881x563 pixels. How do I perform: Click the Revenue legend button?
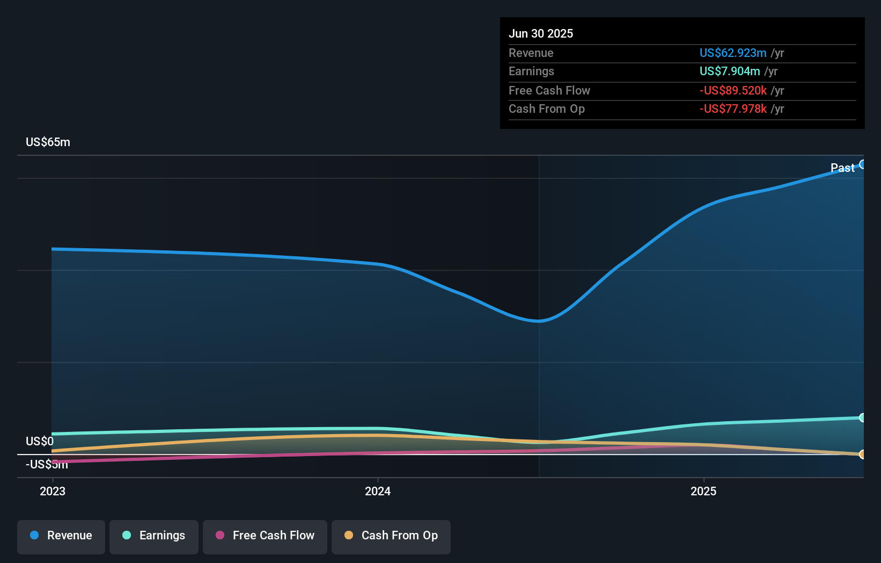tap(61, 536)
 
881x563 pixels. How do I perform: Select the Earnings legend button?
tap(154, 536)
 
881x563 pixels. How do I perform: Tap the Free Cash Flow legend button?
tap(265, 536)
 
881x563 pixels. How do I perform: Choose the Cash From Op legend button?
tap(391, 536)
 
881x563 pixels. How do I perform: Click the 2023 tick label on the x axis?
tap(53, 491)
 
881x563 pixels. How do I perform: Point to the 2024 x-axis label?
tap(378, 491)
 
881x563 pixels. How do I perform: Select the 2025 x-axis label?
tap(703, 491)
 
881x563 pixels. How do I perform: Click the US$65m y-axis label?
tap(48, 142)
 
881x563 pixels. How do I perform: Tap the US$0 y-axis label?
tap(40, 441)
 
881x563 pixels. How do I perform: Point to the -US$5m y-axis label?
tap(47, 465)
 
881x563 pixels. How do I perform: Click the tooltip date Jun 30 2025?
tap(541, 33)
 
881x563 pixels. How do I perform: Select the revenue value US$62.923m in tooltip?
tap(732, 53)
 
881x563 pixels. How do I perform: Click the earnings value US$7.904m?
tap(729, 71)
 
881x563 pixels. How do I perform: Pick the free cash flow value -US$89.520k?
tap(732, 90)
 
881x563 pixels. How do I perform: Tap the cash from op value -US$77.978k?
tap(732, 109)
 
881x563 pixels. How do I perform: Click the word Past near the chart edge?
tap(842, 168)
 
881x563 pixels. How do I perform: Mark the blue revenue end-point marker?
tap(862, 164)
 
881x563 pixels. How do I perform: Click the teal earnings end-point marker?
tap(862, 417)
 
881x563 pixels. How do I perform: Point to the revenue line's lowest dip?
tap(539, 321)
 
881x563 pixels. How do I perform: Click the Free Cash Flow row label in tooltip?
tap(549, 90)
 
